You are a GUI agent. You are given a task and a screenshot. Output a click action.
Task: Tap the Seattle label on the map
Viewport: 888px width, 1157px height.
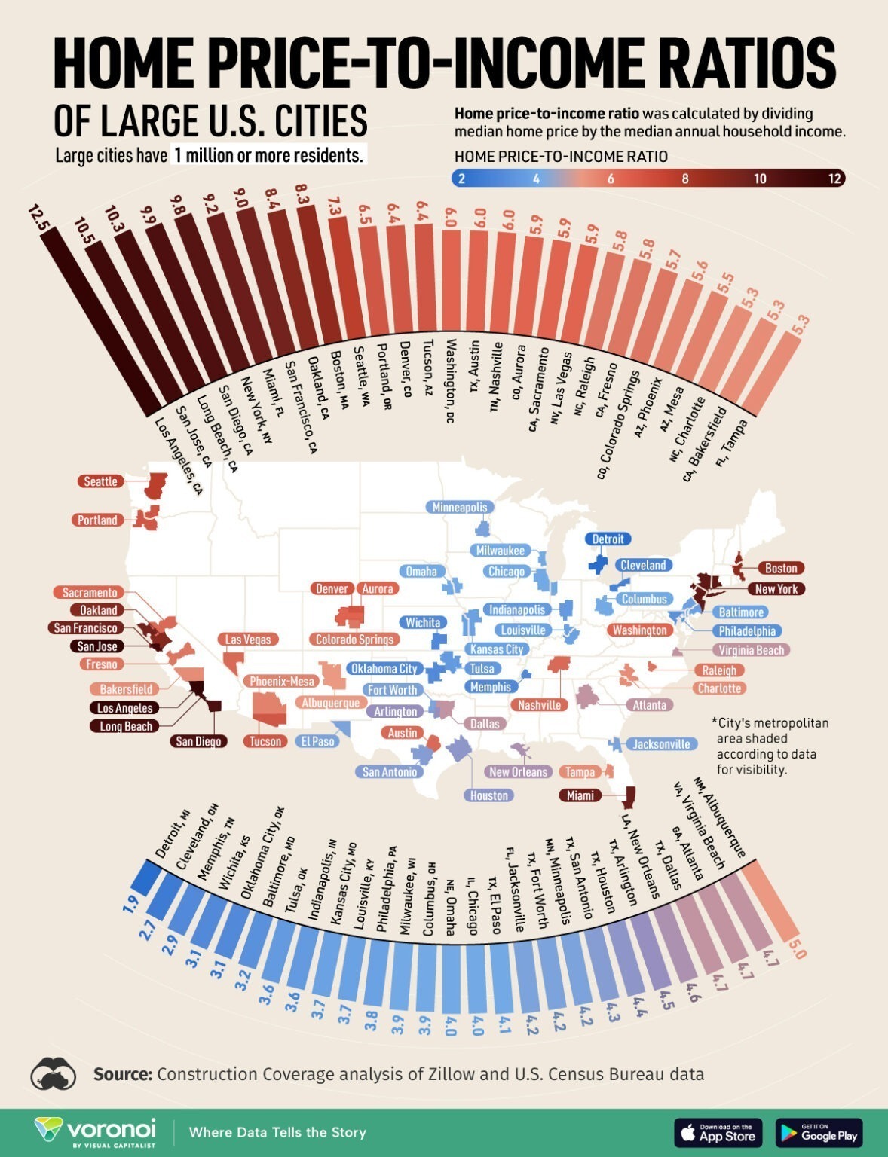[x=100, y=481]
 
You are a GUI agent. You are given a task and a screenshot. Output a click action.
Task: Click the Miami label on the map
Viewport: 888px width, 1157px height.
[x=580, y=795]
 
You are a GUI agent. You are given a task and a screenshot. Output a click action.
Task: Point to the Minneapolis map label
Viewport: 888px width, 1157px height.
[x=460, y=508]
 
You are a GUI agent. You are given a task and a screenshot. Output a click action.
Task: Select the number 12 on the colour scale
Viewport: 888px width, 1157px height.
[x=834, y=179]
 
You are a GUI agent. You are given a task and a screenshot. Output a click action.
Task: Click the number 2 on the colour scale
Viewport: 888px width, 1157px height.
[x=461, y=179]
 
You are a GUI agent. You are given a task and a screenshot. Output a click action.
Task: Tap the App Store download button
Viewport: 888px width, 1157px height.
[x=718, y=1133]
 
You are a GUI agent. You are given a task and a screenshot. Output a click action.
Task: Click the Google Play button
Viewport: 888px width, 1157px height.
[x=819, y=1133]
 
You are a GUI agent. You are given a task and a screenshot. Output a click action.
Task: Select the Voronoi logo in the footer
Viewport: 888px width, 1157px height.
[x=95, y=1132]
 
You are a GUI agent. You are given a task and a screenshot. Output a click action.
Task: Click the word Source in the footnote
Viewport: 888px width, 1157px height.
[x=123, y=1074]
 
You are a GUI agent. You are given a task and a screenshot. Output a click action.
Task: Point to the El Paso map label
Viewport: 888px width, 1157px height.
[x=317, y=741]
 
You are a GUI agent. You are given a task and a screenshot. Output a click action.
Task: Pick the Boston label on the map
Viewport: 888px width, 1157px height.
[x=781, y=568]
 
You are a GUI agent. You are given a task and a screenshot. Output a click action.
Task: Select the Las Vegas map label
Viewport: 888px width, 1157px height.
[x=248, y=640]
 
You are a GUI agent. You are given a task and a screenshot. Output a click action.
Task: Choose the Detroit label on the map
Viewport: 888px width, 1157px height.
[x=608, y=539]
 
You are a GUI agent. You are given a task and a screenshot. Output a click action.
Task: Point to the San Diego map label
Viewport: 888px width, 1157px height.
[x=198, y=741]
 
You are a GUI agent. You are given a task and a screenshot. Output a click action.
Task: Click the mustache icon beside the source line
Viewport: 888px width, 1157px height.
[x=54, y=1073]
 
